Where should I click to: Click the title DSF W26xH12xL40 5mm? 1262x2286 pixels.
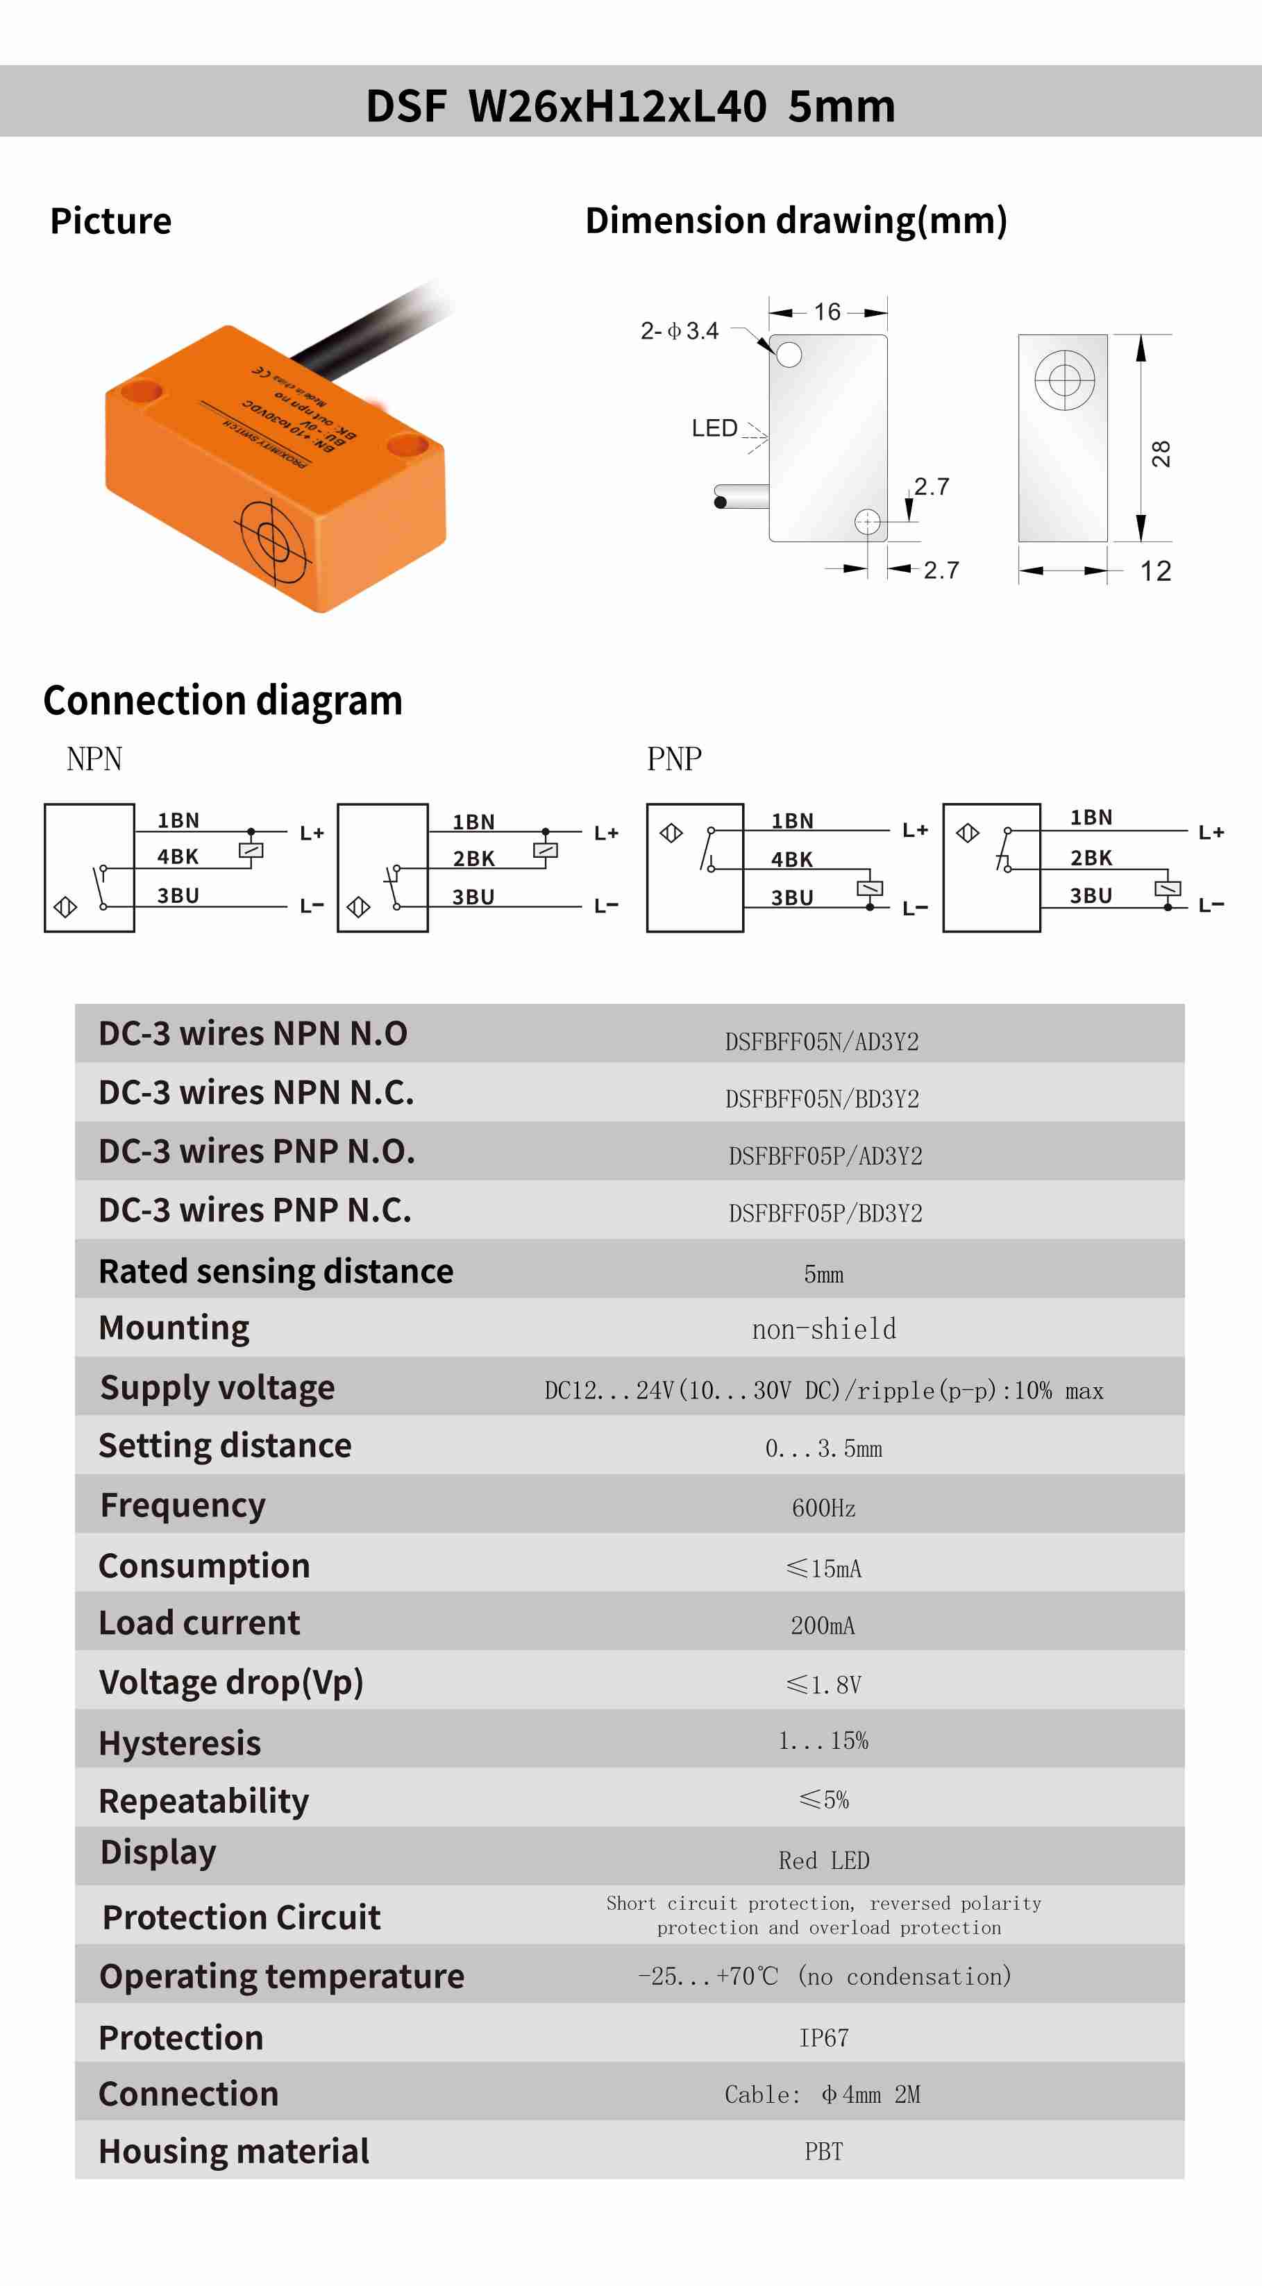click(x=630, y=105)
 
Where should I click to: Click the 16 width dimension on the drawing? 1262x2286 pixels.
click(x=827, y=312)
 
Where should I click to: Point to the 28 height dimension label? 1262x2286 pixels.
click(x=1161, y=453)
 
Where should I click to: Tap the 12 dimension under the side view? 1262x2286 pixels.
click(x=1156, y=570)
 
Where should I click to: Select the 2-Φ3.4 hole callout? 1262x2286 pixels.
click(x=680, y=331)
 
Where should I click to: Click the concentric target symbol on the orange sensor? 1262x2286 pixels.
click(x=272, y=538)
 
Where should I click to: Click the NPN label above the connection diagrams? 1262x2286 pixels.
click(x=94, y=759)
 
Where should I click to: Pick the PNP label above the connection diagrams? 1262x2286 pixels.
click(x=675, y=759)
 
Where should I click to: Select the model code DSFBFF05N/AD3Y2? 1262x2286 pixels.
click(x=822, y=1041)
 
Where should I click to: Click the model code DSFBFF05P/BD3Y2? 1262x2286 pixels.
click(x=825, y=1213)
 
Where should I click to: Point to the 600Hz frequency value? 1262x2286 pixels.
click(x=823, y=1508)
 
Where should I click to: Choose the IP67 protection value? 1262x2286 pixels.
click(x=823, y=2038)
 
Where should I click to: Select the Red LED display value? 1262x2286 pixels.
click(x=823, y=1860)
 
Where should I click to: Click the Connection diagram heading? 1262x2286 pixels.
click(x=223, y=700)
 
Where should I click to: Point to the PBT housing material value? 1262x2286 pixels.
click(x=823, y=2151)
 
